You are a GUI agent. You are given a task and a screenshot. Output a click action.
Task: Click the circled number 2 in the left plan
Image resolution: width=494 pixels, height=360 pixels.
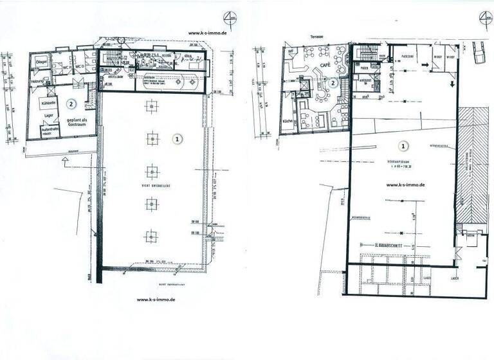[72, 103]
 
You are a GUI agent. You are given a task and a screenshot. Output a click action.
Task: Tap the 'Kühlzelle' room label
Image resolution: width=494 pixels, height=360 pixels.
[48, 103]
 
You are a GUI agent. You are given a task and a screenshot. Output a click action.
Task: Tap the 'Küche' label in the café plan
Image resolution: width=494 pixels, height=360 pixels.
[288, 122]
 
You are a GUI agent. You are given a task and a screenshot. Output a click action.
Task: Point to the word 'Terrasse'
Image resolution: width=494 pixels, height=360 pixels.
[317, 37]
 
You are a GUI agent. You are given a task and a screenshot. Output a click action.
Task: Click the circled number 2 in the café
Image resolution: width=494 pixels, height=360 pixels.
[333, 82]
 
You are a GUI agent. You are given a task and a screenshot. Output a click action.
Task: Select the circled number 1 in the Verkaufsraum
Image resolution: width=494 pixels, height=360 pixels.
[404, 145]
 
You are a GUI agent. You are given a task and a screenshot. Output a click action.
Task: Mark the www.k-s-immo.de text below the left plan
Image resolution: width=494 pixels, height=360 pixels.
[156, 300]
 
